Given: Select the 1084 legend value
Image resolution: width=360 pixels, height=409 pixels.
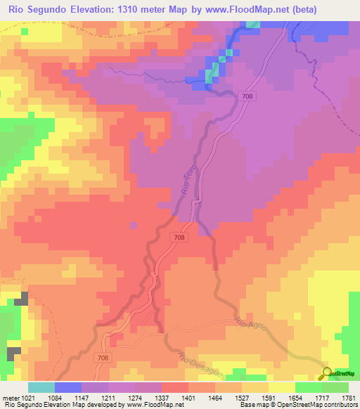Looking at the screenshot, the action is coord(67,398).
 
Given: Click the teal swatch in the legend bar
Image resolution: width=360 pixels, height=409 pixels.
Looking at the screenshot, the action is coord(41,387).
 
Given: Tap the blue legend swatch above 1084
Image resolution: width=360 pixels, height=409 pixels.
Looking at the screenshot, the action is coord(67,387).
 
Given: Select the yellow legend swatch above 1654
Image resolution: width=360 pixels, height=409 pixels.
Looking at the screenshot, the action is coord(281,387).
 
